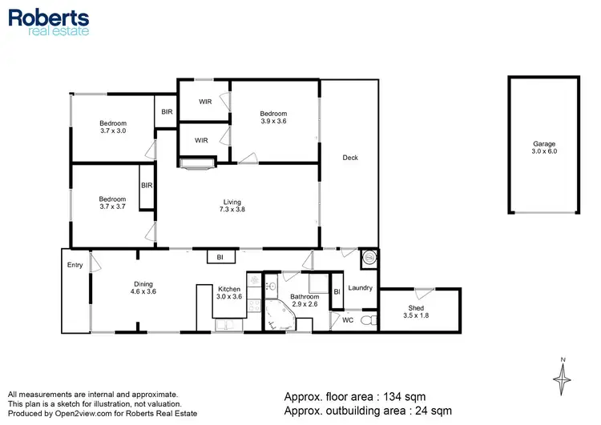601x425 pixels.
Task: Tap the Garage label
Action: [544, 147]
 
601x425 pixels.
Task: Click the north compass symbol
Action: [563, 375]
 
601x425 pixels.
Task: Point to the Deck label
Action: [350, 158]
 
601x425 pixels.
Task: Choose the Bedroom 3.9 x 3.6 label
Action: [273, 118]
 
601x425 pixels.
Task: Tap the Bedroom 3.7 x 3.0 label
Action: [112, 126]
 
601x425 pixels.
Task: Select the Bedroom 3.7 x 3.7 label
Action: [112, 203]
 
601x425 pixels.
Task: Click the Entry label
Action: [75, 265]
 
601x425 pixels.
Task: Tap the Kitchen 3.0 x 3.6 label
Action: [228, 293]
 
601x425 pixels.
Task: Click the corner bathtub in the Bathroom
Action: [280, 318]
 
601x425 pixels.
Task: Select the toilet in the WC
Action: [368, 320]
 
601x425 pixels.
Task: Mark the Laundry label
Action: [360, 288]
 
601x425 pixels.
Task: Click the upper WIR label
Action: [204, 102]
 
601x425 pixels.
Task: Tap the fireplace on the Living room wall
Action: [197, 165]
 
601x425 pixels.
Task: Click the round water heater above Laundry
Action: [369, 258]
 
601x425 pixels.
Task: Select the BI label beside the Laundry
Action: [337, 293]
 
